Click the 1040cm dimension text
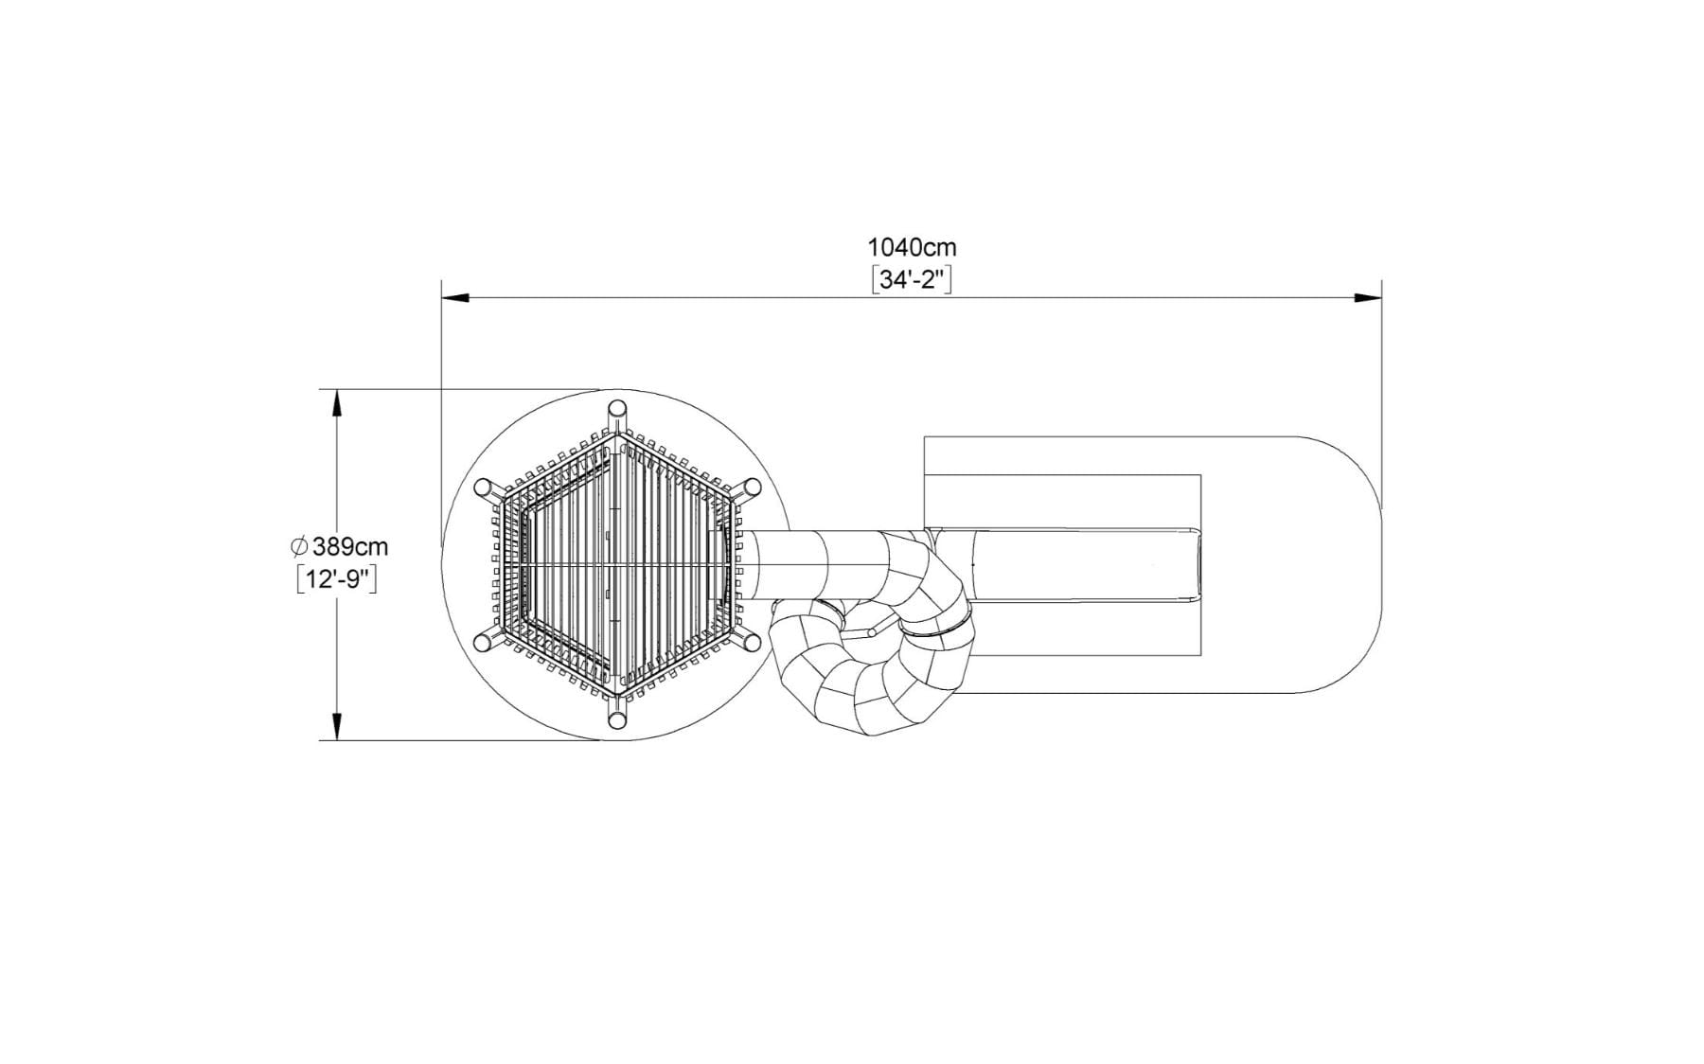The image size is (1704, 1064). tap(912, 248)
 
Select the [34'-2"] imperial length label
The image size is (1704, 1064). tap(911, 281)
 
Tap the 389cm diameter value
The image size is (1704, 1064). tap(350, 547)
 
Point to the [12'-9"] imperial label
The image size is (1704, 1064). tap(337, 579)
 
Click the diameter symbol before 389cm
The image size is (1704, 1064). tap(300, 547)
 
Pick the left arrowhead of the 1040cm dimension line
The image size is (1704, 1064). tap(455, 298)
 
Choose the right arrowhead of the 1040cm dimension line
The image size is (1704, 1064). tap(1368, 298)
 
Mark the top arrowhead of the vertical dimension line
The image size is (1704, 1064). tap(335, 403)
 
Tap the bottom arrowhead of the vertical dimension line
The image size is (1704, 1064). tap(335, 726)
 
